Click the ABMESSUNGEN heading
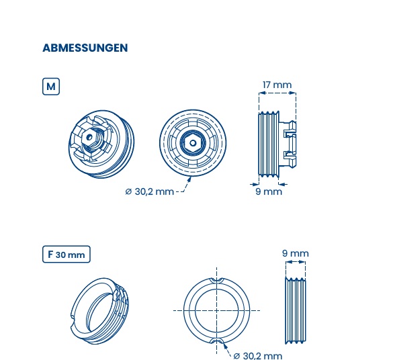85,48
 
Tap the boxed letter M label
51,87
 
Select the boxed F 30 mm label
66,255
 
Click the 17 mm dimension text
277,85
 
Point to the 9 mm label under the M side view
269,191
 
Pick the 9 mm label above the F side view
295,253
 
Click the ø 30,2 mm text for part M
149,191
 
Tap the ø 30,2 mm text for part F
258,355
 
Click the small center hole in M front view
193,143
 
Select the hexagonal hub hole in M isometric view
89,137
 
